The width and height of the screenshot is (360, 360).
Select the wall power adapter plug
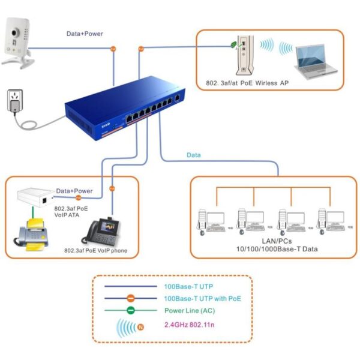[x=14, y=102]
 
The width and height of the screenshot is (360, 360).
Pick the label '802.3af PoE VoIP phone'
[x=96, y=251]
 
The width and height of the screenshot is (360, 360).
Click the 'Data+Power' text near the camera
[x=84, y=34]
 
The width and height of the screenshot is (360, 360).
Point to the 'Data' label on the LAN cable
[x=193, y=155]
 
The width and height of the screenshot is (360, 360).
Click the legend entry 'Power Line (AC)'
[x=189, y=310]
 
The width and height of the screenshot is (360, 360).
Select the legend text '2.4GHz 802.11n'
[x=190, y=326]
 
